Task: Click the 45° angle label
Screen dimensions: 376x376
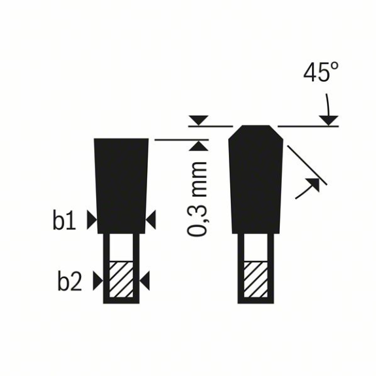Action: (321, 72)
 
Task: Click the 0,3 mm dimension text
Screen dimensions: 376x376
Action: (197, 199)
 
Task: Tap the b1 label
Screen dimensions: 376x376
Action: (64, 220)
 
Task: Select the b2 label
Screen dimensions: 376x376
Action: (69, 281)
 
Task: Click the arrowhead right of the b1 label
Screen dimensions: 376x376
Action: (92, 220)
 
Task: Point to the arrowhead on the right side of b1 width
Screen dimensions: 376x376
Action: (150, 220)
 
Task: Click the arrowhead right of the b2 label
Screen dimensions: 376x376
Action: (98, 281)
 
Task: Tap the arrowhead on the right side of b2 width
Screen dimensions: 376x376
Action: (145, 281)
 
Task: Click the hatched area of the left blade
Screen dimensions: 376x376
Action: (121, 279)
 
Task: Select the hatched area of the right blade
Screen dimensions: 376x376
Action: (256, 279)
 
